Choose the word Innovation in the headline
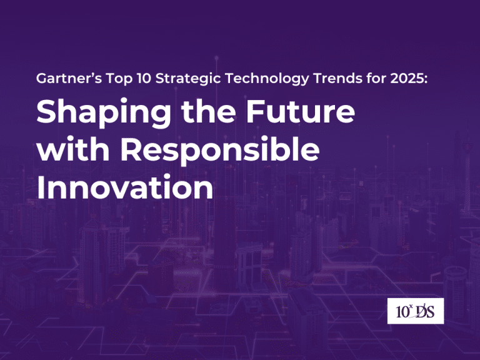[124, 187]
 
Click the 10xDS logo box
[415, 311]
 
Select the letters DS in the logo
[427, 311]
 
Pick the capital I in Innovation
[41, 187]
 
